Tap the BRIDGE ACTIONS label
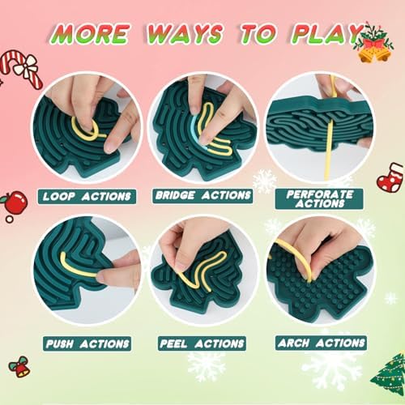pos(203,195)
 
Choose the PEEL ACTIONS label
pos(203,343)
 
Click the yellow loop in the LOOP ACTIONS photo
pos(85,129)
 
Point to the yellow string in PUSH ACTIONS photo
pos(77,268)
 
